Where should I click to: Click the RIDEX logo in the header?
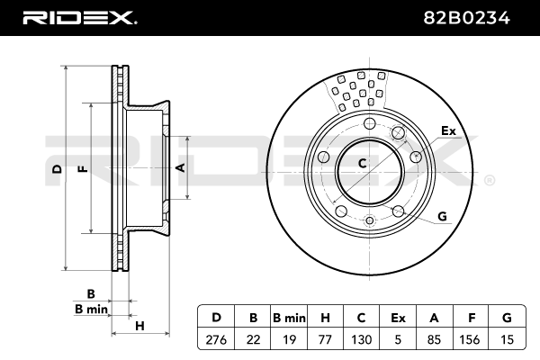(x=79, y=18)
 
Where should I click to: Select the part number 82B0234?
(x=466, y=18)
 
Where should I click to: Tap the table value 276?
(x=216, y=339)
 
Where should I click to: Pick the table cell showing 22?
(x=253, y=339)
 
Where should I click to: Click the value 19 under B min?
(x=289, y=339)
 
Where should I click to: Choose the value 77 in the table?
(x=325, y=339)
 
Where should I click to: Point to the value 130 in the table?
(x=362, y=339)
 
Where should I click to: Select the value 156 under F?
(x=470, y=339)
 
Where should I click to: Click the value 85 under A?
(x=434, y=339)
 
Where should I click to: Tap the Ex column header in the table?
(x=398, y=318)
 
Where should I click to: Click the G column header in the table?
(x=507, y=318)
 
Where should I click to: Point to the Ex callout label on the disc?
(x=448, y=130)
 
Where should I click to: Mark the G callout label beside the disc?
(x=442, y=216)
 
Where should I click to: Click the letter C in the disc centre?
(x=362, y=163)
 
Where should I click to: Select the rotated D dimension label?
(x=58, y=169)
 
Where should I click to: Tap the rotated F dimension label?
(x=84, y=169)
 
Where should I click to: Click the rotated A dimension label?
(x=181, y=167)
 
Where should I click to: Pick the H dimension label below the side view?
(x=139, y=326)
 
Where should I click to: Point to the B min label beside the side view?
(x=91, y=309)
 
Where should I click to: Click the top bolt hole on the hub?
(x=370, y=123)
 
